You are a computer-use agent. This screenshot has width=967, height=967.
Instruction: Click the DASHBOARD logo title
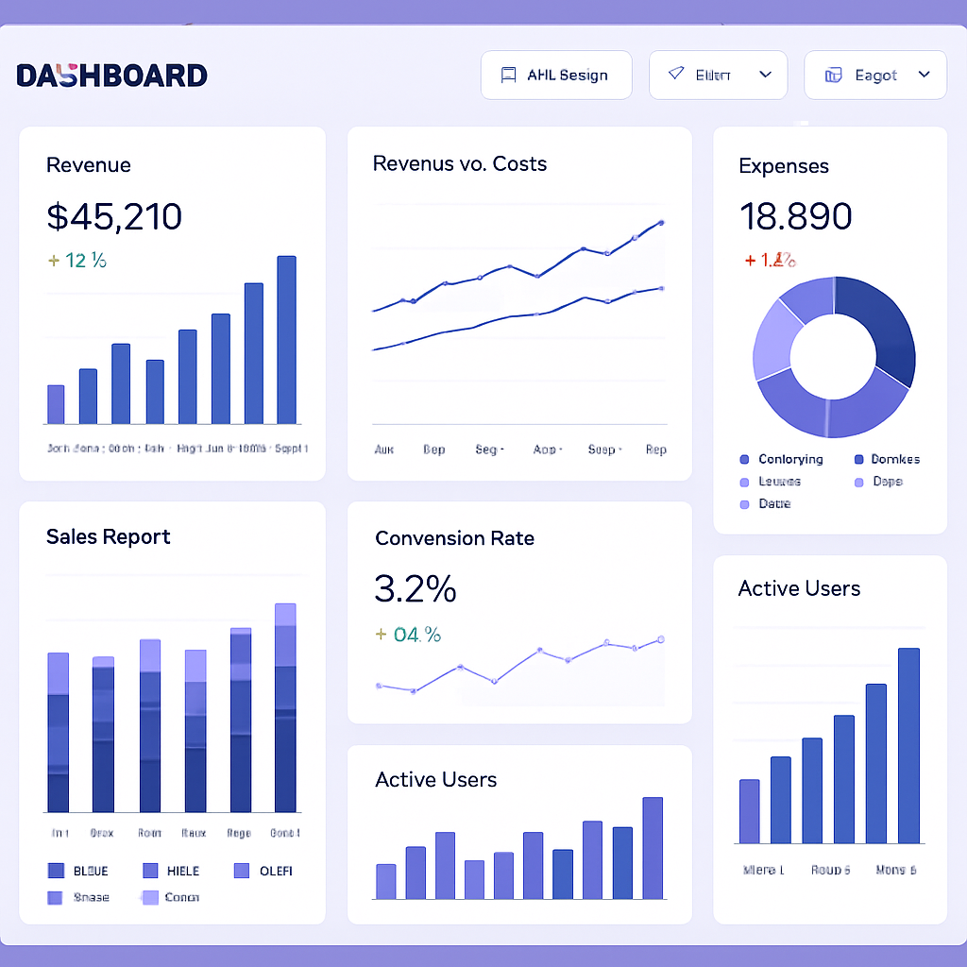click(111, 76)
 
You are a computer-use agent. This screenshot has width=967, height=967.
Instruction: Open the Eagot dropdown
click(874, 76)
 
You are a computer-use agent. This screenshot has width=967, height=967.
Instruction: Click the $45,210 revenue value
click(114, 217)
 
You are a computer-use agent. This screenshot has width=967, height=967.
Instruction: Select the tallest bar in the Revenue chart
click(286, 340)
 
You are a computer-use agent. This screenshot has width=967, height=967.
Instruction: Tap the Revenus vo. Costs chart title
click(460, 163)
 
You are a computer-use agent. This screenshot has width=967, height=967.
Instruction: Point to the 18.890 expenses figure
click(795, 216)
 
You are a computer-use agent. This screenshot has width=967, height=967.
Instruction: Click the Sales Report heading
click(109, 536)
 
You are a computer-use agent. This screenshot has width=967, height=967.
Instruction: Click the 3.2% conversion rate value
click(416, 588)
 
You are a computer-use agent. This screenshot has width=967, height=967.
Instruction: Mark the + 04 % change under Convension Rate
click(408, 635)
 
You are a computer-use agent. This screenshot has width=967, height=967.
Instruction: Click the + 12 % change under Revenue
click(76, 260)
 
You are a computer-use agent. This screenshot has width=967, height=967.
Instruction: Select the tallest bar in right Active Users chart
click(908, 745)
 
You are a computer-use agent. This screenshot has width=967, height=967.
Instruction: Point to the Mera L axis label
click(763, 870)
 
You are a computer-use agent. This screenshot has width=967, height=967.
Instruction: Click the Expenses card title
click(784, 166)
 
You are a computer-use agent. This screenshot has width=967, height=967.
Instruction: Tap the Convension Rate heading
click(454, 538)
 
